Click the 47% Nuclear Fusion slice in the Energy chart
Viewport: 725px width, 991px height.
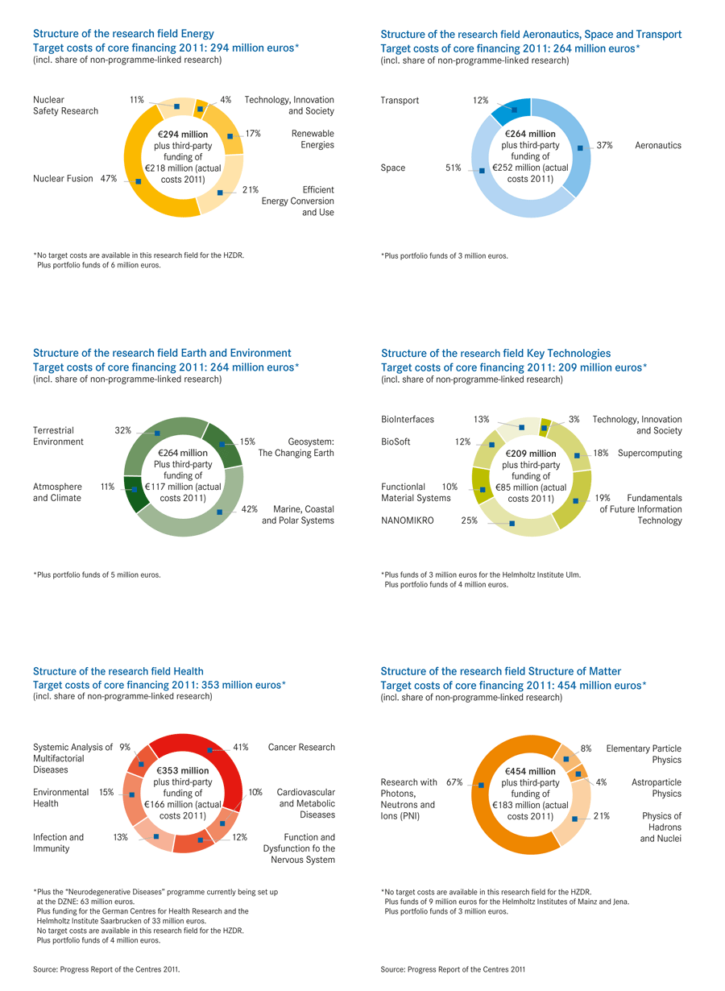[x=139, y=182]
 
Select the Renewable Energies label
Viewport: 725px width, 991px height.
[x=313, y=139]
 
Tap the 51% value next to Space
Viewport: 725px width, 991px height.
[x=453, y=168]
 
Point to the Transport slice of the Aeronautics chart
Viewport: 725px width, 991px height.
[x=513, y=110]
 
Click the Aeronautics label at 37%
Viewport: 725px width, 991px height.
[x=658, y=146]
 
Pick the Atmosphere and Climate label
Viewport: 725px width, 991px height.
[x=57, y=492]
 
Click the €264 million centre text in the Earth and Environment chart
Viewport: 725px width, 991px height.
[x=183, y=453]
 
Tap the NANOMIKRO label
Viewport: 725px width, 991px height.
[x=408, y=521]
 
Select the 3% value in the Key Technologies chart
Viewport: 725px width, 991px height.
[x=574, y=420]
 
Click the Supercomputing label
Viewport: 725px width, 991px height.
[x=649, y=454]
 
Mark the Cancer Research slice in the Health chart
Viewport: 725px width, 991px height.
[x=209, y=750]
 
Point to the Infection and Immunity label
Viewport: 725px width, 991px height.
[x=58, y=843]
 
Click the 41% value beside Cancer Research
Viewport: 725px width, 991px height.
[x=240, y=748]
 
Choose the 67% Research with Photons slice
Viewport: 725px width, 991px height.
[x=481, y=786]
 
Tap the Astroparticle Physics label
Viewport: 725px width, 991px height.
[x=656, y=788]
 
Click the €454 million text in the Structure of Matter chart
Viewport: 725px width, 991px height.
[x=531, y=771]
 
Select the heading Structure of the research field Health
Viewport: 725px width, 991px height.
[x=118, y=671]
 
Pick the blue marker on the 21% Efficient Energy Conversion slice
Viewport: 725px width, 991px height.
[x=220, y=193]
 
